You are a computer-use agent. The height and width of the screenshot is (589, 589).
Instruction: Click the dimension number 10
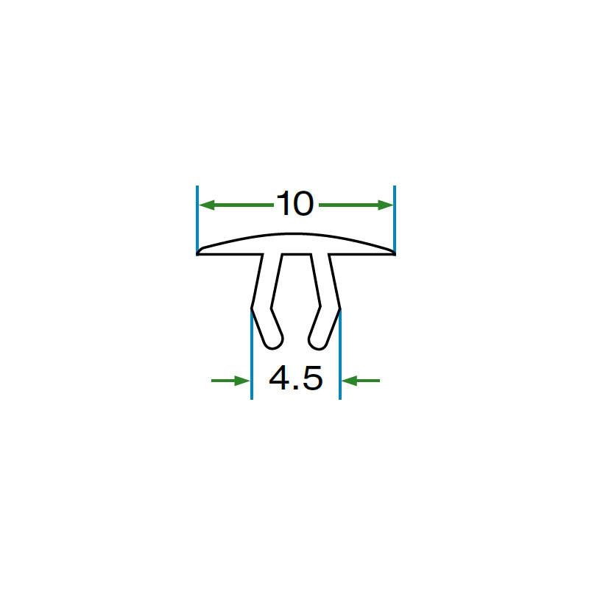pyautogui.click(x=295, y=204)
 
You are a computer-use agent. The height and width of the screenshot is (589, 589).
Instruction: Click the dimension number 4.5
pyautogui.click(x=296, y=378)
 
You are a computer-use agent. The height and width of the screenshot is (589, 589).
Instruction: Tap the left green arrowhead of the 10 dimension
pyautogui.click(x=207, y=205)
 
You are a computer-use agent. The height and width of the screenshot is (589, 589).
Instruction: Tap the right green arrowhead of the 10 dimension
pyautogui.click(x=385, y=205)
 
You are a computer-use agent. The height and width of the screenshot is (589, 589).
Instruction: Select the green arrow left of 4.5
pyautogui.click(x=230, y=381)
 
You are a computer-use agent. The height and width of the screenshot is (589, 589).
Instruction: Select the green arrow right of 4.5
pyautogui.click(x=361, y=381)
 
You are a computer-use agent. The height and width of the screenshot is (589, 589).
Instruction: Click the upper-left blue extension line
pyautogui.click(x=197, y=219)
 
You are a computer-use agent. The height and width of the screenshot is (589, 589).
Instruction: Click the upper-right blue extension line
pyautogui.click(x=395, y=219)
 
